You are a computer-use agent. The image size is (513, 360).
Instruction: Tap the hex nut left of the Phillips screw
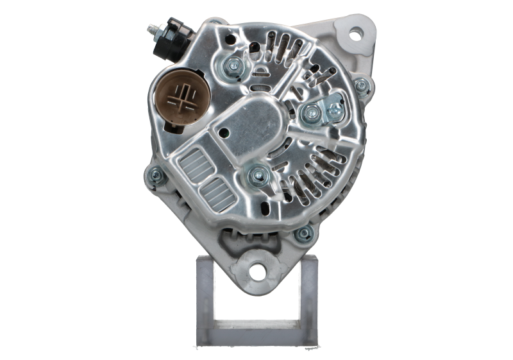pyautogui.click(x=310, y=113)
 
